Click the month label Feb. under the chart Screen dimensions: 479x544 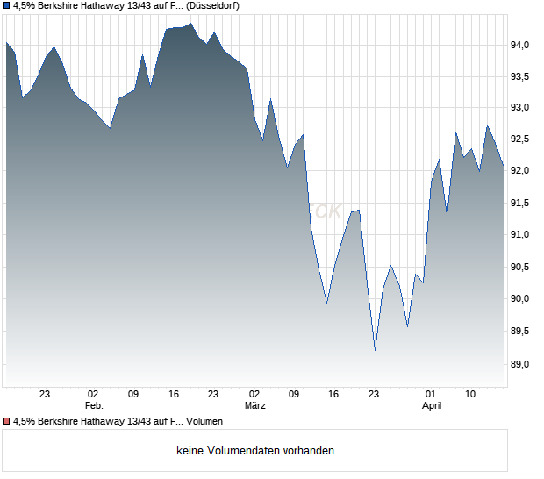94,406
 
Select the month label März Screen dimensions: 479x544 255,406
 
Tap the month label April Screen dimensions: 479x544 432,406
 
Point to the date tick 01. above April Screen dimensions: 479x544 432,395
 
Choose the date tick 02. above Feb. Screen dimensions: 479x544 94,395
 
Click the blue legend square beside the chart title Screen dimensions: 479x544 6,5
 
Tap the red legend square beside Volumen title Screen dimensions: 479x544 6,422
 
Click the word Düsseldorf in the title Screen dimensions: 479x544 214,5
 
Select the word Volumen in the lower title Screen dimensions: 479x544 204,422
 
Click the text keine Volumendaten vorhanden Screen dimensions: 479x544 255,451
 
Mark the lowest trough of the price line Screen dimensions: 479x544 375,350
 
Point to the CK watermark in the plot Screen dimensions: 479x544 328,211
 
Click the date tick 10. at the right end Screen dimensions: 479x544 472,395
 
